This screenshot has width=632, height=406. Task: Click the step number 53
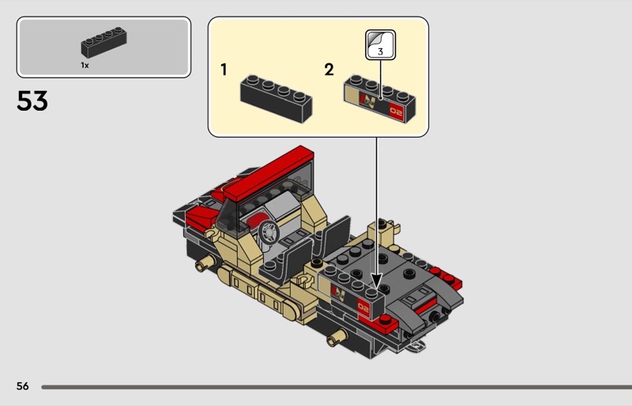click(x=32, y=101)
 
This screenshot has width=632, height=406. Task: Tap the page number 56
click(x=23, y=386)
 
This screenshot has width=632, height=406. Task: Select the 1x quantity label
click(x=85, y=65)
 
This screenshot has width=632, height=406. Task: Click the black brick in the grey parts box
click(x=104, y=43)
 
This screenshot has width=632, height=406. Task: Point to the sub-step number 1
click(x=224, y=70)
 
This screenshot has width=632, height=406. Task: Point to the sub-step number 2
click(x=329, y=70)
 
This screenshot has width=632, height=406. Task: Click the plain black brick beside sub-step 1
click(x=276, y=99)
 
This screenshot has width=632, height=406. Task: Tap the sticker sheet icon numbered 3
click(x=381, y=45)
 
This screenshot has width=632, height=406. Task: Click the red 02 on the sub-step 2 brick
click(x=396, y=111)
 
